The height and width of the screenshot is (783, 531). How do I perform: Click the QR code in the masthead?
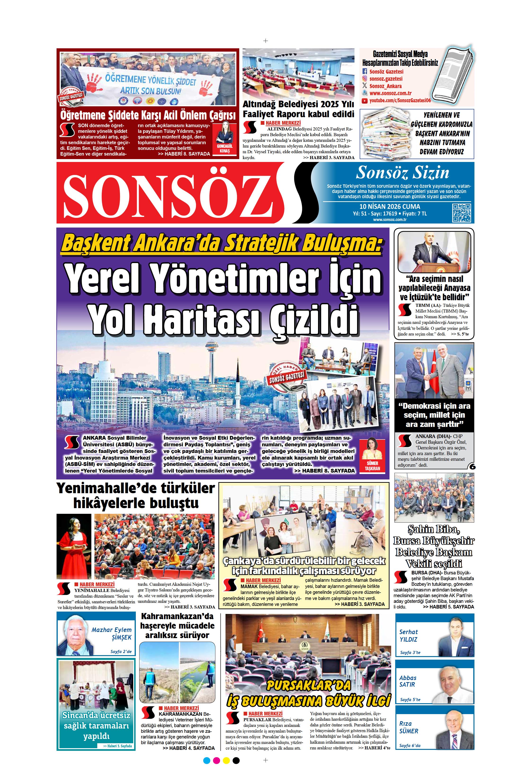tap(461, 213)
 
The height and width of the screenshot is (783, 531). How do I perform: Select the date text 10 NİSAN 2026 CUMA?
tap(389, 206)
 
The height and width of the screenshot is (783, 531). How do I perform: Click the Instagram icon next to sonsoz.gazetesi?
tap(364, 79)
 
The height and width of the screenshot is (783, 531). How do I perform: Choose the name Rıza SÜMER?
tap(408, 727)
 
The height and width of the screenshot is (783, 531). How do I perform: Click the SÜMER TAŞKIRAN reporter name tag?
tap(372, 466)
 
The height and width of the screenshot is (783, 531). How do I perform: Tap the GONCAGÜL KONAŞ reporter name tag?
tap(225, 149)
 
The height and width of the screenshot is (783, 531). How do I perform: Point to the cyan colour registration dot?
tap(207, 767)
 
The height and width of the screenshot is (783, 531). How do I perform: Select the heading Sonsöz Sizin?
tap(402, 173)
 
